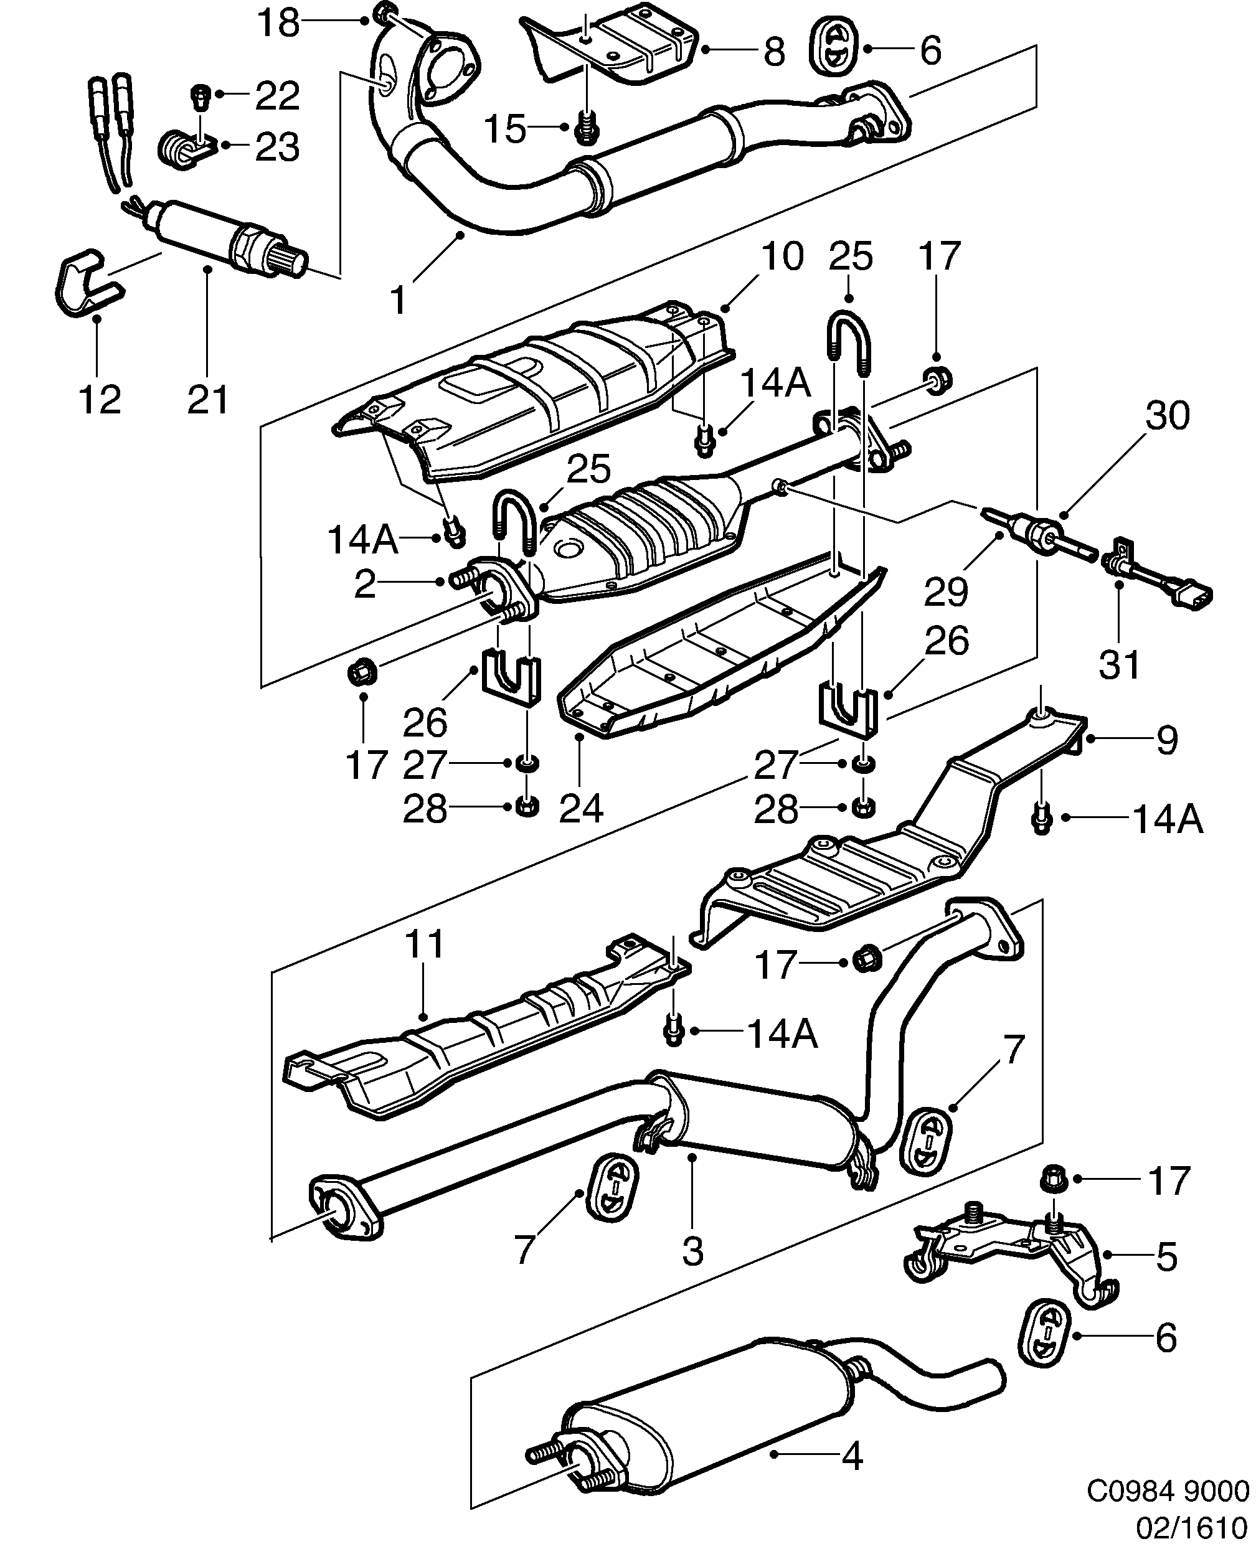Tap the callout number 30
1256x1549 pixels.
pos(1167,416)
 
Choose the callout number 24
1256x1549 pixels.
pos(581,808)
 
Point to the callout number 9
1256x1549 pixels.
pos(1167,740)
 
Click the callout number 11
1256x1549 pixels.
pos(424,945)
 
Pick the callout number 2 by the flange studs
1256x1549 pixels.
pos(366,584)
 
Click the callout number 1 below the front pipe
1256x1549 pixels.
pos(399,299)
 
